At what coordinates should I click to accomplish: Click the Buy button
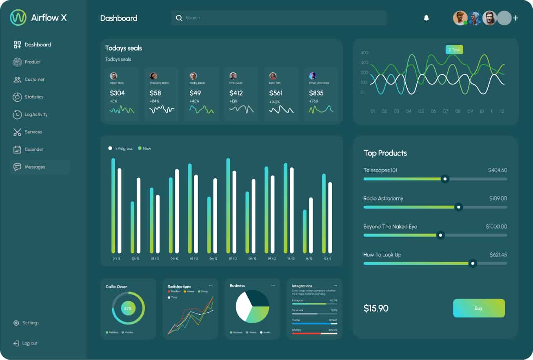coord(479,308)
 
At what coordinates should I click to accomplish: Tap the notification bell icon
coord(426,18)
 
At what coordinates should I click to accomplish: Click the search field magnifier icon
coord(179,18)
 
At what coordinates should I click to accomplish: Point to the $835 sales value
coord(317,93)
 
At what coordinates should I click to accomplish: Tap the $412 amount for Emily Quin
coord(236,93)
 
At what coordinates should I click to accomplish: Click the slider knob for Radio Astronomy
coord(458,207)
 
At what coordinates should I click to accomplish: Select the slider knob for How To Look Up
coord(473,263)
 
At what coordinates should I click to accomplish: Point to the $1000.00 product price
coord(496,227)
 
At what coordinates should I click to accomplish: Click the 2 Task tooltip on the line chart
coord(454,50)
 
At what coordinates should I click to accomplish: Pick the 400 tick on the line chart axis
coord(364,53)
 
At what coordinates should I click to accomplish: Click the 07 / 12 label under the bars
coord(233,258)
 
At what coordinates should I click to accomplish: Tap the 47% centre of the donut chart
coord(128,308)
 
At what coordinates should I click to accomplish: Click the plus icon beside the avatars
coord(516,18)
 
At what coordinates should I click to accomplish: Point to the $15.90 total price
coord(376,308)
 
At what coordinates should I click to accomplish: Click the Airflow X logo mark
coord(18,18)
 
